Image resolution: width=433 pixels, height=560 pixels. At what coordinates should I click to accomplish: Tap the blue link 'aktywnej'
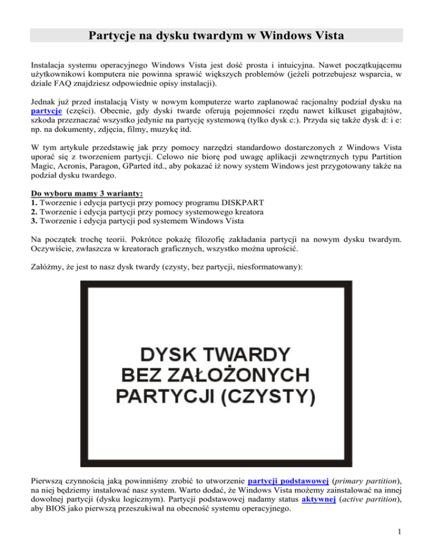(x=312, y=502)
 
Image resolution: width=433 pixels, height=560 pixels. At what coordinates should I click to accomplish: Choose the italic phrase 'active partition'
(x=368, y=502)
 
